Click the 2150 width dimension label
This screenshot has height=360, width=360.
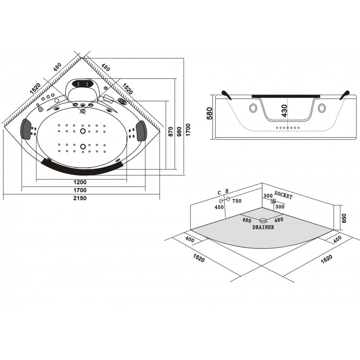point(80,198)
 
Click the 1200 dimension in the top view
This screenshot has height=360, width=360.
point(80,182)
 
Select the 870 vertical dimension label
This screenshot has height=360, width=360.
point(171,131)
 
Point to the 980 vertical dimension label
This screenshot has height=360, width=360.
point(179,131)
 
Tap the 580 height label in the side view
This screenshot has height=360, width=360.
point(210,113)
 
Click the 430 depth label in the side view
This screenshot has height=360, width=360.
point(284,111)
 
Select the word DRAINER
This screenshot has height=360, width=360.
point(263,227)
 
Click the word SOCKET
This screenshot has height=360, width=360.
point(283,195)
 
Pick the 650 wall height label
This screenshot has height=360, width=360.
point(344,218)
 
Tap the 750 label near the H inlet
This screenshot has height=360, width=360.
point(237,201)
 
